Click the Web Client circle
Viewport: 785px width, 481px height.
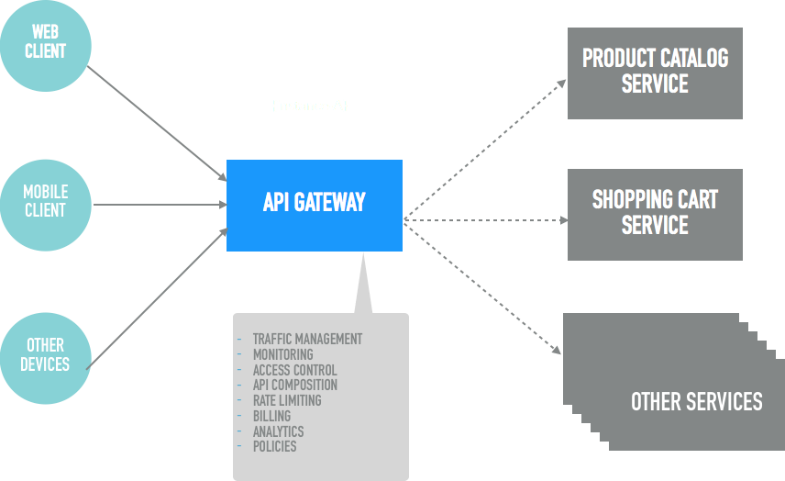[x=46, y=43]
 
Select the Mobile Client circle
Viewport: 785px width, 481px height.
[x=46, y=201]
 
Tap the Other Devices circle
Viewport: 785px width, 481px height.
[x=46, y=354]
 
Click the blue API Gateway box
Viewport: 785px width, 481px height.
[x=314, y=205]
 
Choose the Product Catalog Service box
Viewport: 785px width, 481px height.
[x=655, y=73]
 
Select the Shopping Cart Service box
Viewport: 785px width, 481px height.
[x=655, y=214]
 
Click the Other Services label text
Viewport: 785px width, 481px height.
[x=696, y=401]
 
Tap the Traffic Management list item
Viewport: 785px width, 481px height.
[x=307, y=339]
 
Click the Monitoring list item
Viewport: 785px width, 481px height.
[x=282, y=354]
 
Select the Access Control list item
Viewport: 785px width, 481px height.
[x=294, y=370]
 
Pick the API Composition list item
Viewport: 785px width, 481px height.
[x=294, y=385]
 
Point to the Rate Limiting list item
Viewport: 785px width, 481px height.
[x=286, y=400]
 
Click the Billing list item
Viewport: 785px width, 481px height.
[x=271, y=416]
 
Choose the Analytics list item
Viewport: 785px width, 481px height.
[x=278, y=431]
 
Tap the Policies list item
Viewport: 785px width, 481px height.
[x=274, y=446]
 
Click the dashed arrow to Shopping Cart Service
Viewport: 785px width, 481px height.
[x=486, y=220]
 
